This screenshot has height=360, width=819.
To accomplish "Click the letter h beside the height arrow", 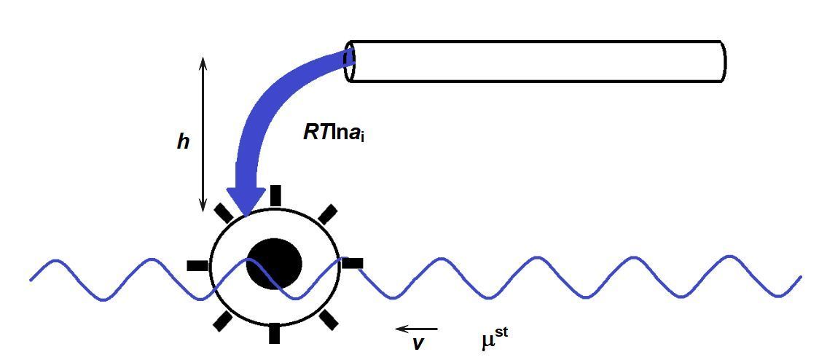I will pos(183,141).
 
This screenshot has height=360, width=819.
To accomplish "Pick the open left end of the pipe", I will pos(350,61).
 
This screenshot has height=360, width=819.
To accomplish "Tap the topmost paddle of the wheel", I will pos(275,195).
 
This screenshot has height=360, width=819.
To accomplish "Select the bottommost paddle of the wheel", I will pos(274,333).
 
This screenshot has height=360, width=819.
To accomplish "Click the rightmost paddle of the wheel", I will pos(353,263).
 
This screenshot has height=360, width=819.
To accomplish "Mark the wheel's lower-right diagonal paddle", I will pos(329,318).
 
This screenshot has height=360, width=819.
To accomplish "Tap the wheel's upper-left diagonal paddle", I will pos(223,212).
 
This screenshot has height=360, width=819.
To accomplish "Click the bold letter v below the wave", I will pos(418,343).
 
